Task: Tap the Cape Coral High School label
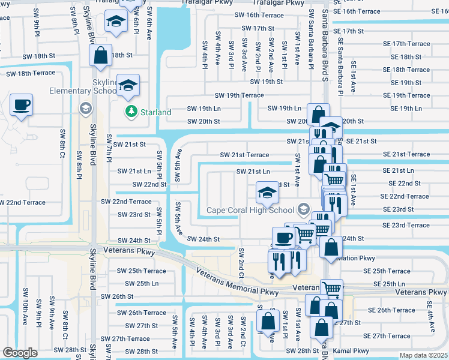251,210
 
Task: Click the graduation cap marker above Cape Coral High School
267,193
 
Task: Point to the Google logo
20,352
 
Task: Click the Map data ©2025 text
423,355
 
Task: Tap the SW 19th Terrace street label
240,95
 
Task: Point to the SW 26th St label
116,296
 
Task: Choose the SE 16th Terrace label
358,11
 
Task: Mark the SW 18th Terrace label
31,73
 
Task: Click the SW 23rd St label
134,215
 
